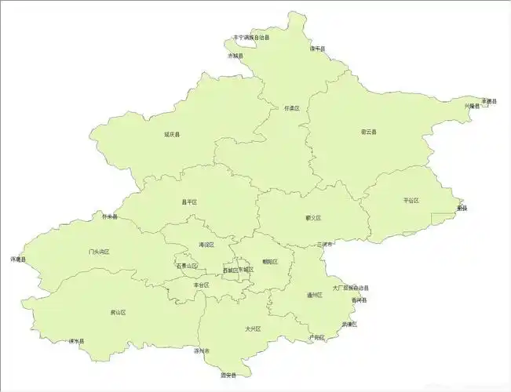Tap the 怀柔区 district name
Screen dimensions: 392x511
point(292,108)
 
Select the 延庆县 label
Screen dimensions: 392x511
point(172,135)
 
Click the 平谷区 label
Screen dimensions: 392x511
point(411,201)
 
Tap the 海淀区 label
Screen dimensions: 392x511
point(206,245)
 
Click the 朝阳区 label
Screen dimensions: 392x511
point(270,262)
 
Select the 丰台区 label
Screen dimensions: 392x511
point(202,285)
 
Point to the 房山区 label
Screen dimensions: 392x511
point(119,312)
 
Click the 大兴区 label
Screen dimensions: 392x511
point(252,328)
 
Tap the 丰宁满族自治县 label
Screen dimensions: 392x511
point(251,38)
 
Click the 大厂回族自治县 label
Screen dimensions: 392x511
point(350,288)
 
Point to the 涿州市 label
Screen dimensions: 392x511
point(202,351)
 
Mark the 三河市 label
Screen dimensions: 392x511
point(325,245)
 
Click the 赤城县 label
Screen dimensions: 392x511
point(235,56)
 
